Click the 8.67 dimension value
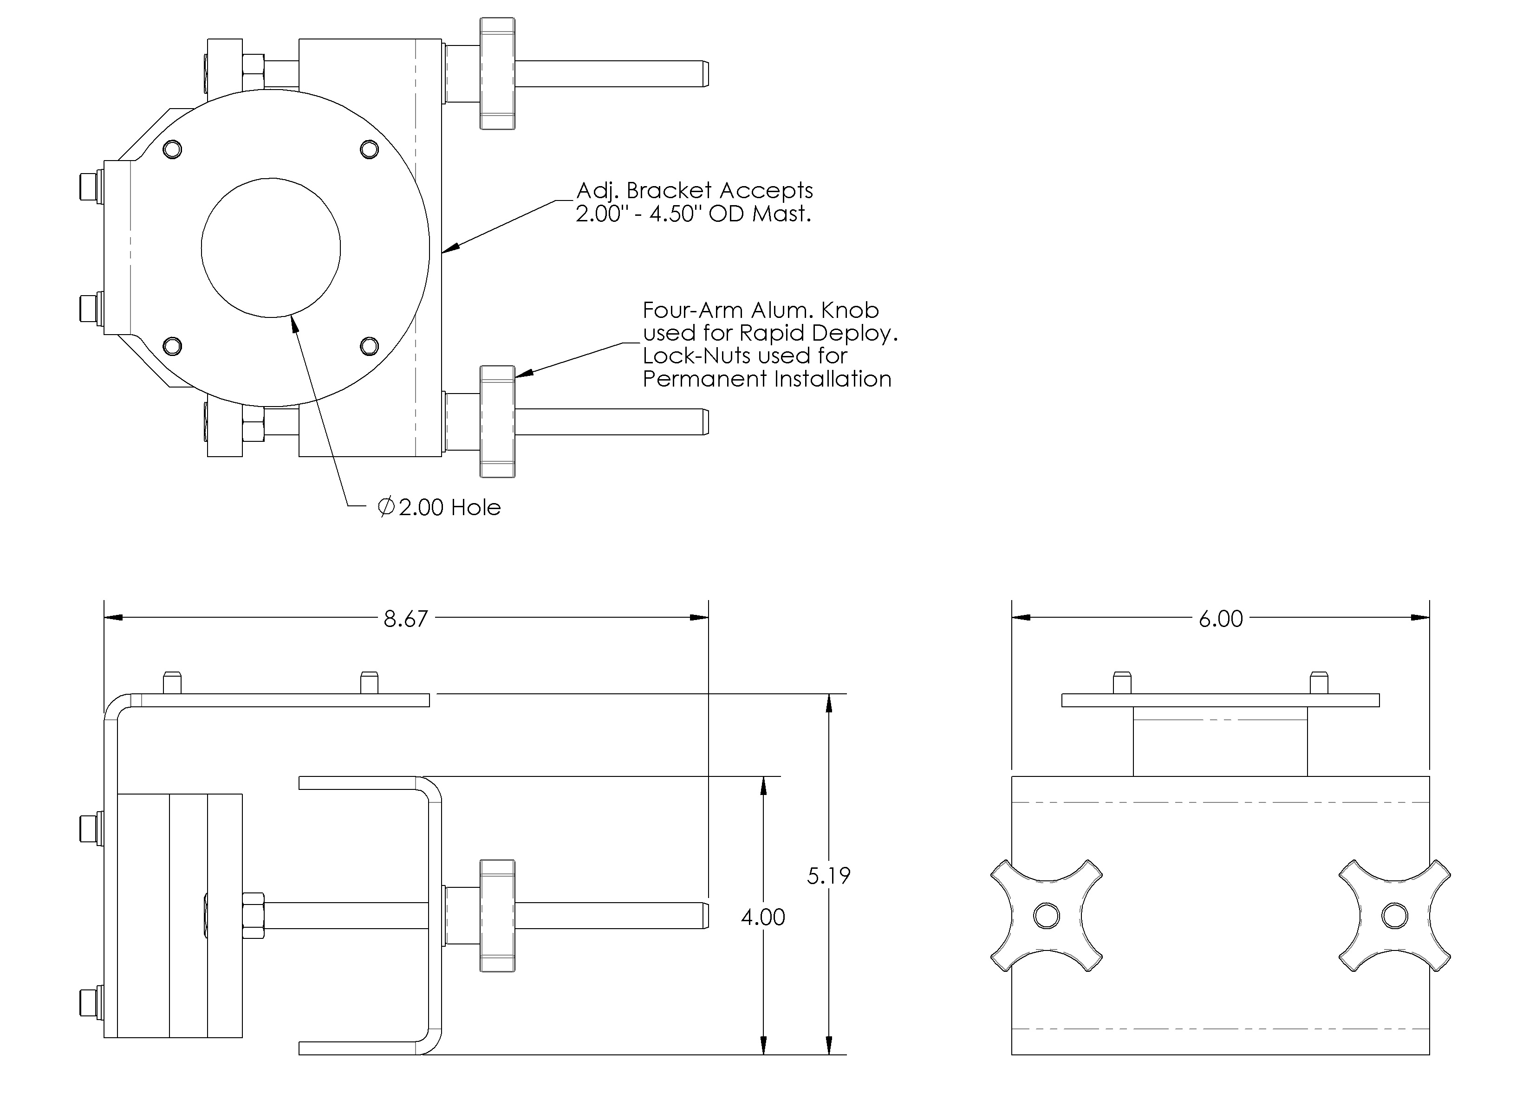click(x=405, y=619)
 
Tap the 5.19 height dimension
click(x=828, y=876)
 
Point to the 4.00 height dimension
click(x=763, y=917)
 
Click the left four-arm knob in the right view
click(x=1047, y=915)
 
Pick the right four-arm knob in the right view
click(x=1395, y=915)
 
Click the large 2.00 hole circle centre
click(x=271, y=247)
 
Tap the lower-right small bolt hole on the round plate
click(x=369, y=346)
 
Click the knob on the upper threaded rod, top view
click(x=498, y=74)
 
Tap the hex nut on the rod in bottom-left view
click(x=253, y=915)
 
